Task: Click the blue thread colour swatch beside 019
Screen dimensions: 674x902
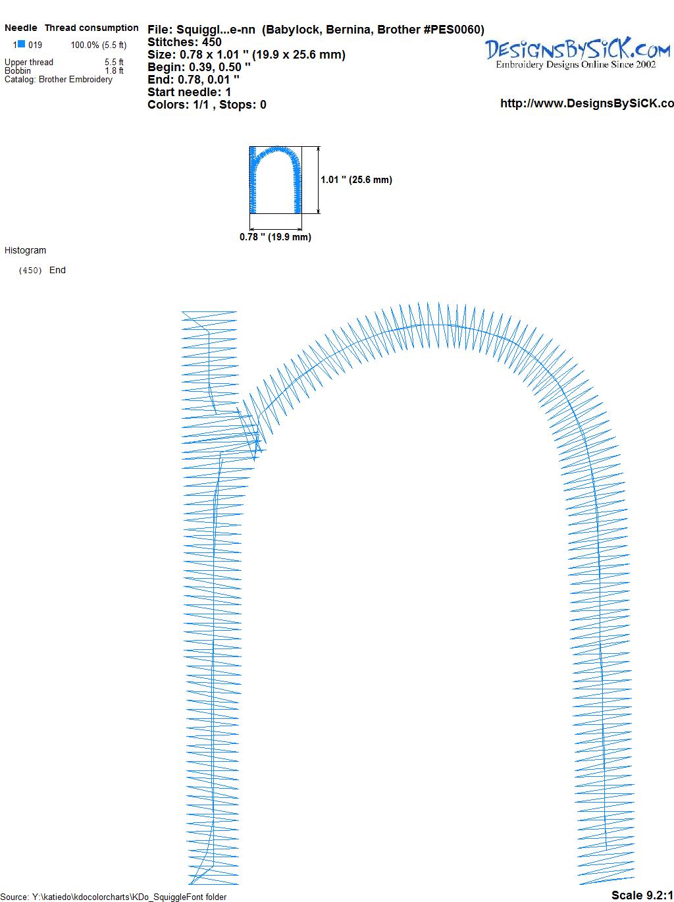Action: pyautogui.click(x=21, y=44)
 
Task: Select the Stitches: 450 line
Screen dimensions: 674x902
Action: pyautogui.click(x=184, y=42)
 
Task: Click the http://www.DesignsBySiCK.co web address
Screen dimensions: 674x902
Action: pyautogui.click(x=587, y=103)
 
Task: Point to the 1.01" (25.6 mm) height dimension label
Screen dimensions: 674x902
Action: pyautogui.click(x=356, y=180)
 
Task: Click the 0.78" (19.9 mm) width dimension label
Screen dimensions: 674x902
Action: pyautogui.click(x=275, y=237)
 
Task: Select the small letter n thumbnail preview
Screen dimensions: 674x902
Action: pyautogui.click(x=276, y=180)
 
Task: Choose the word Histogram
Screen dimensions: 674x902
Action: pyautogui.click(x=25, y=250)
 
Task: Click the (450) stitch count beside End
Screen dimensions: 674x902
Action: pyautogui.click(x=30, y=271)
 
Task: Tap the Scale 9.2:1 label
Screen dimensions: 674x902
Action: pyautogui.click(x=642, y=895)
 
